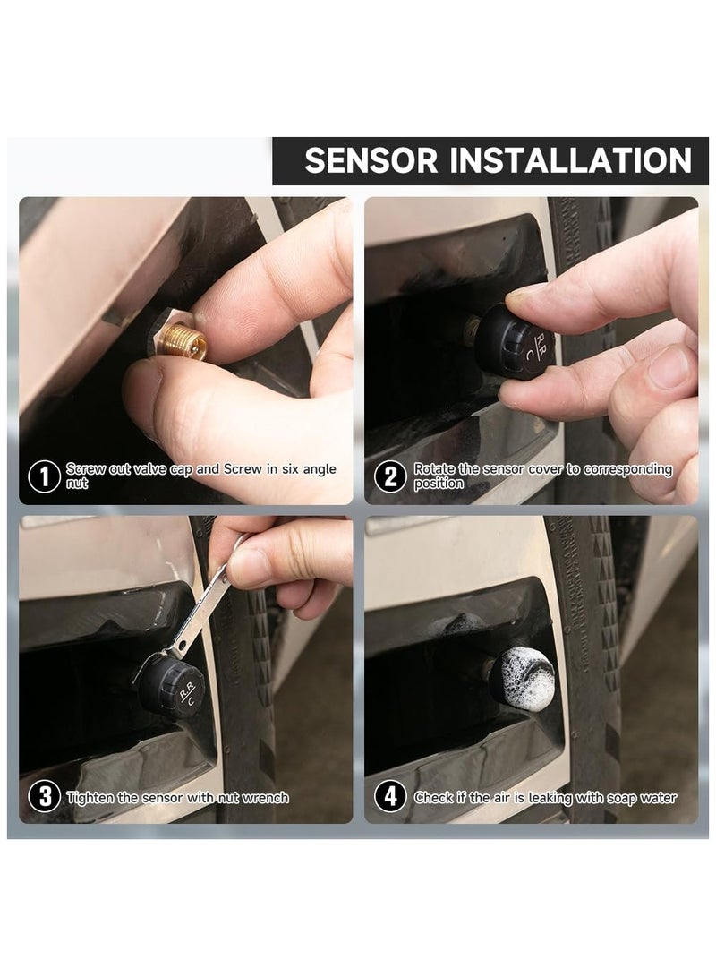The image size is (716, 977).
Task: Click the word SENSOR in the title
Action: coord(371,160)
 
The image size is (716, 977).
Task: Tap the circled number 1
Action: coord(44,476)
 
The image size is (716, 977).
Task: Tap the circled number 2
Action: coord(390,476)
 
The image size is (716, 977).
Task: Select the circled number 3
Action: coord(45,797)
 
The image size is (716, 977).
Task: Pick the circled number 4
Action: coord(390,797)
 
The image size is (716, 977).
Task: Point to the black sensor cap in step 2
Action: coord(513,341)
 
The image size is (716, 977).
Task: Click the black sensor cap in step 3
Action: coord(171,686)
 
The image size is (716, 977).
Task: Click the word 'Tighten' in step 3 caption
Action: coord(91,798)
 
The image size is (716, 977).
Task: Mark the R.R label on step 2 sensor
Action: coord(541,340)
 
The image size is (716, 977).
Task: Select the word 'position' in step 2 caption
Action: coord(439,484)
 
